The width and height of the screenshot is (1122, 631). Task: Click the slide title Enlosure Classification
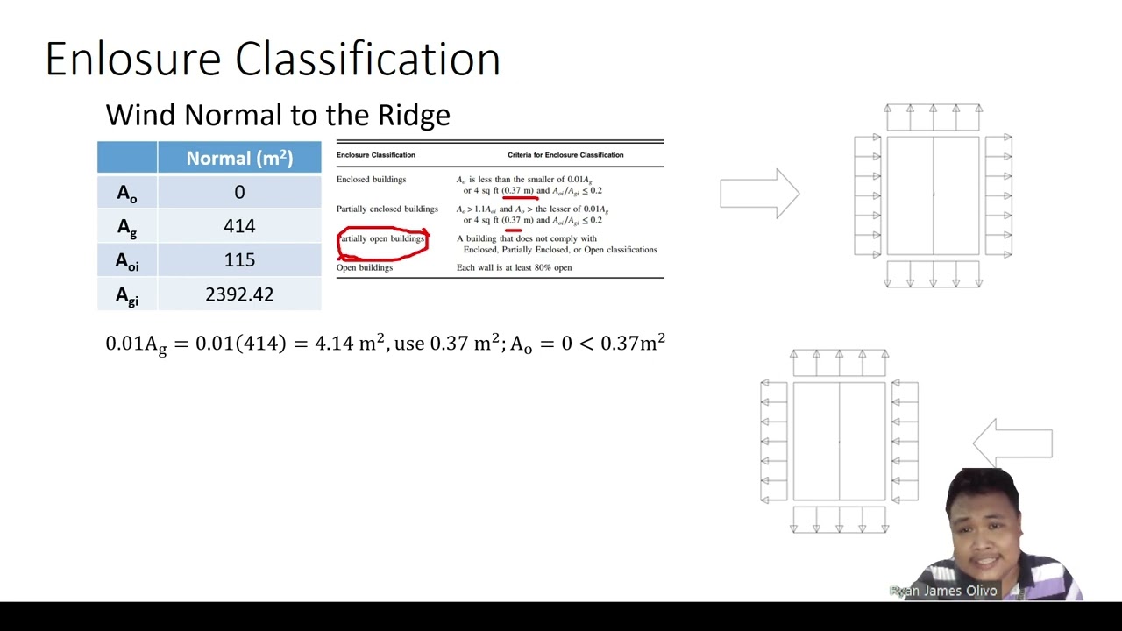point(273,60)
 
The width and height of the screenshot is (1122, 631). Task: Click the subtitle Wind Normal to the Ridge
point(278,115)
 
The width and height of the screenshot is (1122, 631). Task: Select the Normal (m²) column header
point(239,158)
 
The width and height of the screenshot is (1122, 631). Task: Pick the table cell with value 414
point(239,226)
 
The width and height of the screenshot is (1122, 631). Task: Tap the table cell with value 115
point(239,260)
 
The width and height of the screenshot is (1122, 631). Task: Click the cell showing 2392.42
point(239,294)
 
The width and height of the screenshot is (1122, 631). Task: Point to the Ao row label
point(127,193)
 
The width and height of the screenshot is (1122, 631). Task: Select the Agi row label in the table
point(127,295)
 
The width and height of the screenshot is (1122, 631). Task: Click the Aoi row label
point(127,261)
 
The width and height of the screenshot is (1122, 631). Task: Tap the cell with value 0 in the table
point(239,192)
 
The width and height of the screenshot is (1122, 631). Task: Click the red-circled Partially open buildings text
point(382,239)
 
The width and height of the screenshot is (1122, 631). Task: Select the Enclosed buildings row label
point(371,180)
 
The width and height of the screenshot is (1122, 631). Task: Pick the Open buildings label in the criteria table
point(365,267)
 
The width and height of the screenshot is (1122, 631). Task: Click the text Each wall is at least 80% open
point(514,267)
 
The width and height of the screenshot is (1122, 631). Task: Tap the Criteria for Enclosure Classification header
point(565,155)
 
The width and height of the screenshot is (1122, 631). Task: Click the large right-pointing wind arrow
point(759,193)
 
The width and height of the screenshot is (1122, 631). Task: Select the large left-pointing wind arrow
point(1012,443)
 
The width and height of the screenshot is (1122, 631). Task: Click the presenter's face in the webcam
point(982,526)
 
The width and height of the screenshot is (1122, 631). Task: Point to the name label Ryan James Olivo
point(944,591)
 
